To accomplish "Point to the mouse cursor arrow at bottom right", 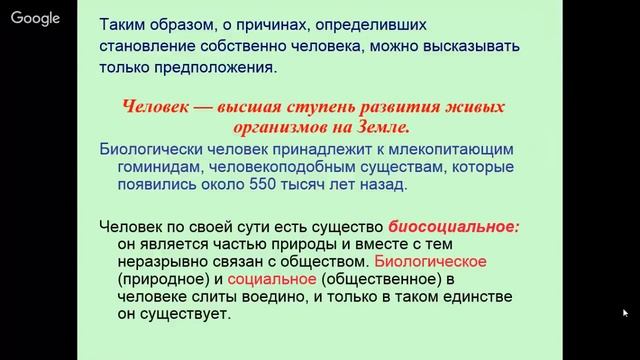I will [625, 313].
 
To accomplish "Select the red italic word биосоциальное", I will [454, 226].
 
